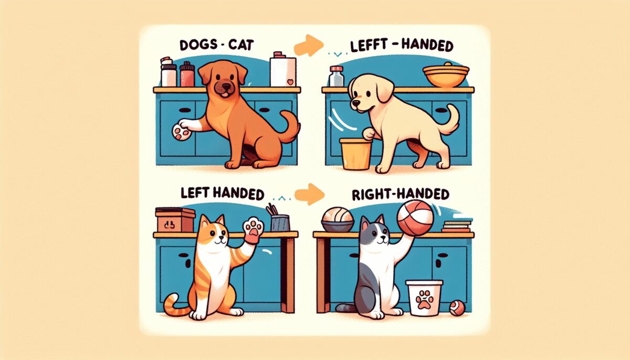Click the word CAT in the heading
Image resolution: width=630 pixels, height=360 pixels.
tap(241, 45)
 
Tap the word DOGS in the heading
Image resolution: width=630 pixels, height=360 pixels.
tap(194, 45)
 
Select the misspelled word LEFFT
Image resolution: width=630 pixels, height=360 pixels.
tap(366, 46)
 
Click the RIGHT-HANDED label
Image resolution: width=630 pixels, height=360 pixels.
tap(401, 195)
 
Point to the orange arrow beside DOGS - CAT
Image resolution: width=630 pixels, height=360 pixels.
tap(309, 45)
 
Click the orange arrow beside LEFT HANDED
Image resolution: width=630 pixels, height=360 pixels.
tap(309, 194)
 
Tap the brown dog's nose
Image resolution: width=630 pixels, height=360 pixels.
tap(226, 86)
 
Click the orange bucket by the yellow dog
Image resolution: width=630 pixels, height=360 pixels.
tap(356, 154)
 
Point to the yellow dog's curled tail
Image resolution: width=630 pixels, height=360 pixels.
tap(449, 119)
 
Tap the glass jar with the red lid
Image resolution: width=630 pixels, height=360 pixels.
tap(337, 76)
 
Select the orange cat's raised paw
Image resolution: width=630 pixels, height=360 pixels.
tap(253, 229)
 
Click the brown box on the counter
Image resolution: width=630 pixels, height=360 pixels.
tap(175, 220)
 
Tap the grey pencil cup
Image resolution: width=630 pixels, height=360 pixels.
tap(280, 223)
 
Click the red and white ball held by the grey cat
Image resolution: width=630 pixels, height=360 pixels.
tap(415, 217)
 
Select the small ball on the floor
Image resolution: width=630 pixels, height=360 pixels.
tap(457, 308)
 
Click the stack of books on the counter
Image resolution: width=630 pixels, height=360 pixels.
tap(456, 227)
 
